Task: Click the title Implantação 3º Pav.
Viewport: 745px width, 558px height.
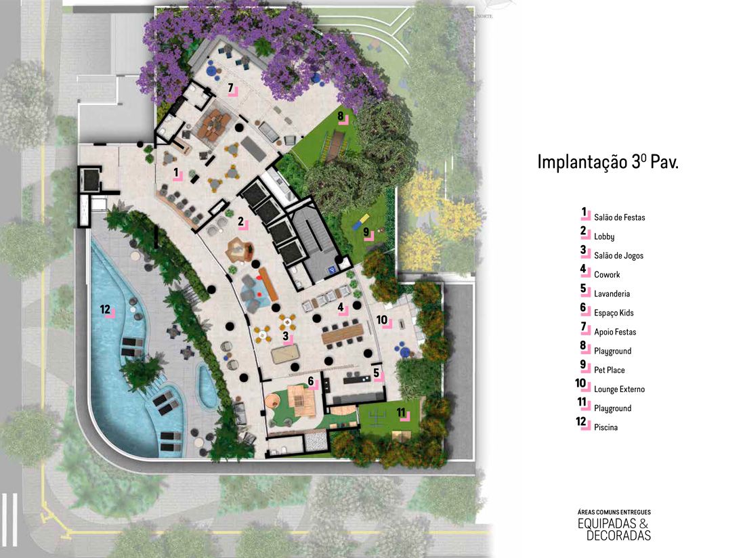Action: (x=608, y=162)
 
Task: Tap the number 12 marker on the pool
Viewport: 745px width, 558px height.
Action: (x=106, y=310)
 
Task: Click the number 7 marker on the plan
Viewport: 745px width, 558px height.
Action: (x=232, y=89)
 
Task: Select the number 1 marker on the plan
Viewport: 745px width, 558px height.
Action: (x=177, y=173)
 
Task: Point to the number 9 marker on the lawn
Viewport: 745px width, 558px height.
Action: (x=367, y=233)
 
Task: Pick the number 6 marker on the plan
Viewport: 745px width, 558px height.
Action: (x=312, y=382)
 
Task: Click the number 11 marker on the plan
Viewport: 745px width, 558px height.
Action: (x=402, y=413)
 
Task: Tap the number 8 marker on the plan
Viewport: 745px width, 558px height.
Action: (x=341, y=117)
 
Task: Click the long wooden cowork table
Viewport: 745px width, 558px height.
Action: (x=343, y=334)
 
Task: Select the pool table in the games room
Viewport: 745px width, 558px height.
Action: (x=286, y=353)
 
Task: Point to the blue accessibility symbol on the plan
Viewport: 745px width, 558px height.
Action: (x=334, y=270)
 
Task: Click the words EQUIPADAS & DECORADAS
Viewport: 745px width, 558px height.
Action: (x=614, y=530)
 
